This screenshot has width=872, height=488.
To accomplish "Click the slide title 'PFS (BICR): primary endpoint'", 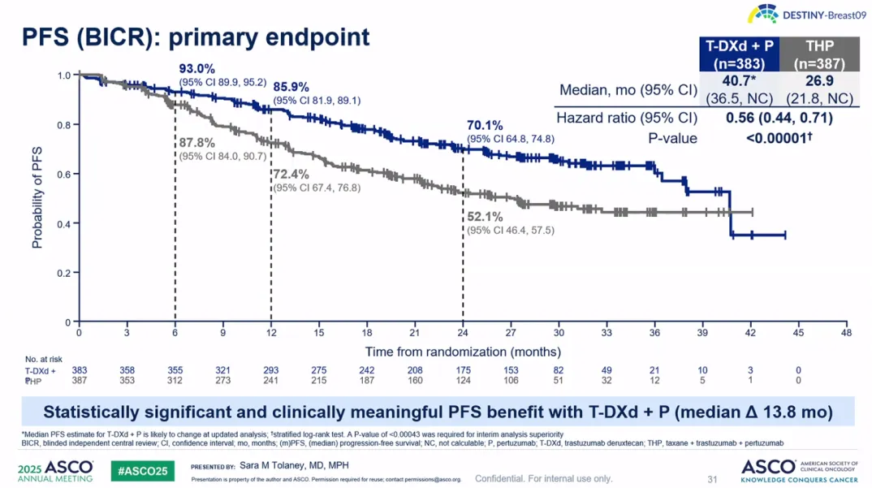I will (195, 37).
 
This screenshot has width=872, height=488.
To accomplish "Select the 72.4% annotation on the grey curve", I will (291, 175).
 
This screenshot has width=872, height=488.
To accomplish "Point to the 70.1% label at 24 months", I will (486, 125).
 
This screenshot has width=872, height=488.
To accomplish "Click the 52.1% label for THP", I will (486, 217).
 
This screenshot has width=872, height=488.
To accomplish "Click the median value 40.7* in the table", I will (739, 80).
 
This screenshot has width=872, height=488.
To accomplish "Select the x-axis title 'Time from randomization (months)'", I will (463, 352).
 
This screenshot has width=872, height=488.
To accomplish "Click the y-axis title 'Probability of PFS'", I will (37, 197).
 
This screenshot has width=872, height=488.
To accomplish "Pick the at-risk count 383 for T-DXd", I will (80, 370).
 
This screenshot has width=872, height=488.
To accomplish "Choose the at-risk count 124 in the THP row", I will (463, 380).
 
